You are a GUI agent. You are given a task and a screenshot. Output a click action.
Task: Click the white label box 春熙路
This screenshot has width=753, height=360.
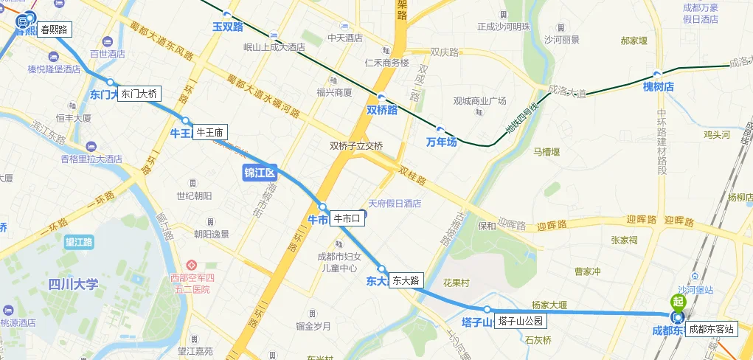[x=54, y=30]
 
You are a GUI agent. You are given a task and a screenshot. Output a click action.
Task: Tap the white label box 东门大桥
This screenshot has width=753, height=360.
[x=139, y=94]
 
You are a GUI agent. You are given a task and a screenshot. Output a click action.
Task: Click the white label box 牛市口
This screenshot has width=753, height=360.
[x=347, y=218]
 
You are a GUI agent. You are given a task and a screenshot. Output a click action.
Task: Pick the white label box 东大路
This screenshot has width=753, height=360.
[x=406, y=280]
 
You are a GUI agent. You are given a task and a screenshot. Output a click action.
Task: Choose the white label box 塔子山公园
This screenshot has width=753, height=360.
[x=520, y=321]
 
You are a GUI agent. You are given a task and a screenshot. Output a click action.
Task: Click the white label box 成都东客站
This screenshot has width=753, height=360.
[x=711, y=329]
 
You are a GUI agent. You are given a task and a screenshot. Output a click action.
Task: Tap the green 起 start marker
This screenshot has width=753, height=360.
[x=677, y=301]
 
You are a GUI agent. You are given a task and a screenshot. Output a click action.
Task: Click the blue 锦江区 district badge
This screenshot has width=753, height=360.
[x=259, y=173]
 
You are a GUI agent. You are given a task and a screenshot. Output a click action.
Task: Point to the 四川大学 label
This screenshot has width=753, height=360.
[x=72, y=284]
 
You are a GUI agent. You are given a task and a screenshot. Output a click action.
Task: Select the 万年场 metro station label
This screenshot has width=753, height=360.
[x=441, y=142]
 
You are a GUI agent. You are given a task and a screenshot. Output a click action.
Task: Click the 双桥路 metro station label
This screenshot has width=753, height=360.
[x=382, y=109]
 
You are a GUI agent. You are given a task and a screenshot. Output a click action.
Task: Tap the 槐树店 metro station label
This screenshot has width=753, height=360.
[x=658, y=86]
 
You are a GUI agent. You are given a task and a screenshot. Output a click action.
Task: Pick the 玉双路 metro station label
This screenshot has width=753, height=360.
[x=227, y=26]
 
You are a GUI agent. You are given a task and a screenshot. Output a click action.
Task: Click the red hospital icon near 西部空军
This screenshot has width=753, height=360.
[x=191, y=265]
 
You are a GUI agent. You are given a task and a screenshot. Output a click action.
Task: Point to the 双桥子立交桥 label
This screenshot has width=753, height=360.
[x=356, y=146]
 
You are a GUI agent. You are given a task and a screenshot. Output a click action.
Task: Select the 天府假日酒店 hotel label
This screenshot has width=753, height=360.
[x=395, y=204]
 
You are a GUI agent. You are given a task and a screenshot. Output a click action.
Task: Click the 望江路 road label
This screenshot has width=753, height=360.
[x=79, y=241]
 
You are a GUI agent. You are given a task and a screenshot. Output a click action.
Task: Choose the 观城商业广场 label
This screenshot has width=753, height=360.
[x=479, y=101]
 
